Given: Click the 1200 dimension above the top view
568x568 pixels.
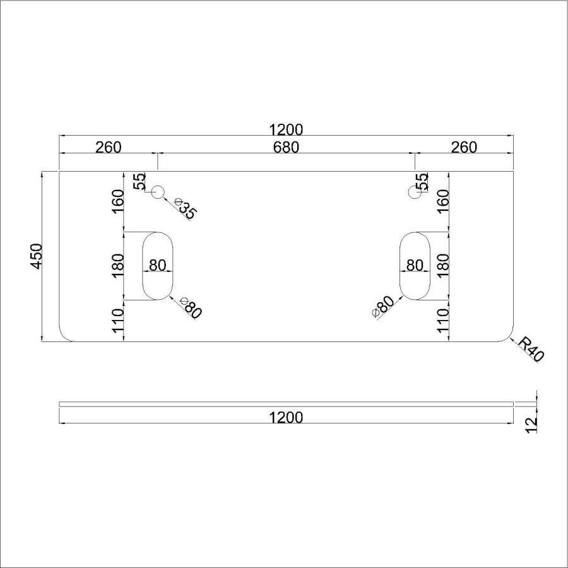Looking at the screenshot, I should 286,130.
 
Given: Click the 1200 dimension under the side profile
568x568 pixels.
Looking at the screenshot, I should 286,417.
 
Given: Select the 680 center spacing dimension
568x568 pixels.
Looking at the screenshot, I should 286,148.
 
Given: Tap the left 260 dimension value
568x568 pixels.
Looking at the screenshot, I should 108,148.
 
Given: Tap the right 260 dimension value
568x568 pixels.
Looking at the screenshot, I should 464,148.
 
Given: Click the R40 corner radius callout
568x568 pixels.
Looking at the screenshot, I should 530,349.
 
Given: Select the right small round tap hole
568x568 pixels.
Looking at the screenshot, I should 415,192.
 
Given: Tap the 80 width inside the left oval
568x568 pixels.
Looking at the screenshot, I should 158,265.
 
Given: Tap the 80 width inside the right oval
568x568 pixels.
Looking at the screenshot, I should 415,265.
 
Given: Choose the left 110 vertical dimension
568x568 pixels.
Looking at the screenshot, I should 118,321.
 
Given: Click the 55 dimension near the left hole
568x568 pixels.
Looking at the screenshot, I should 139,182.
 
